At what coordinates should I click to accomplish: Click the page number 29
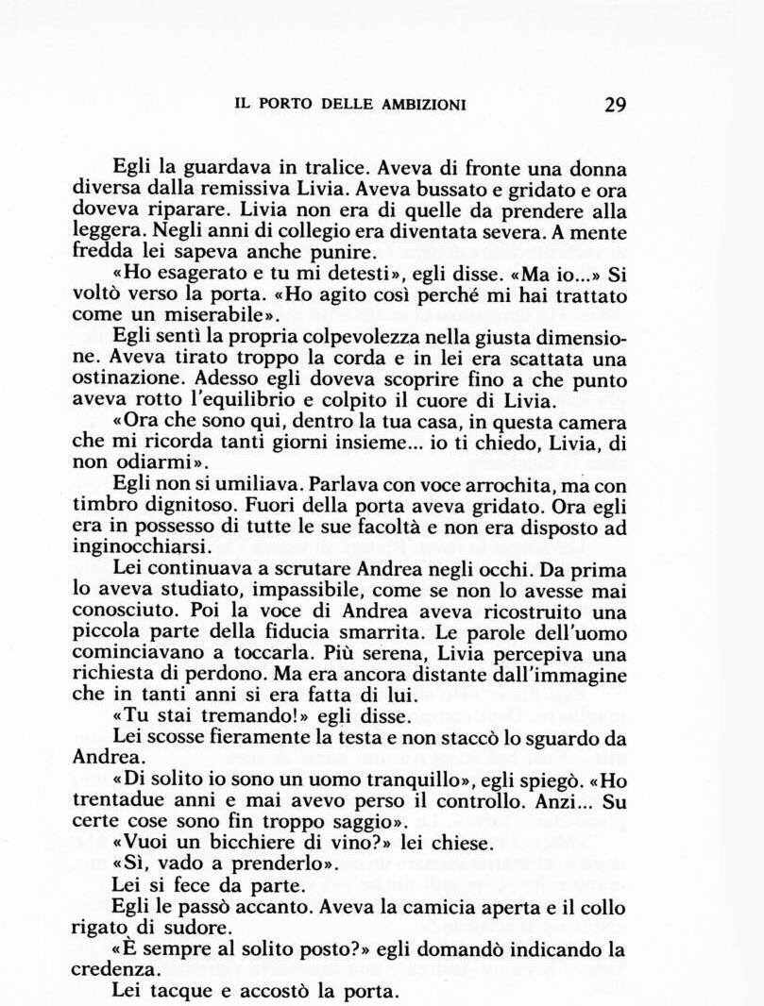coord(615,104)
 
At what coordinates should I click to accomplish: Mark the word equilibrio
coord(261,398)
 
